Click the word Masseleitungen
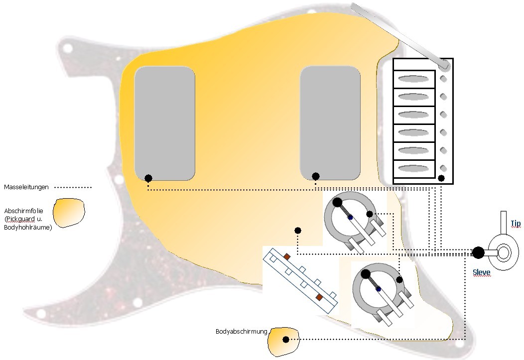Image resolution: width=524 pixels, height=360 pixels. click(26, 187)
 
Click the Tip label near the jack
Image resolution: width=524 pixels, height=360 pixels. click(516, 223)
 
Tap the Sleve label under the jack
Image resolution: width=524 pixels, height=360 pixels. click(481, 272)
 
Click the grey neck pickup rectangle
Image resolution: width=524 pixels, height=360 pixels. click(164, 123)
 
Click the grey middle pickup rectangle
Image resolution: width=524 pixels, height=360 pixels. click(330, 123)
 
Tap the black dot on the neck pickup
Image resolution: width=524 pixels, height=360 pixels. click(148, 178)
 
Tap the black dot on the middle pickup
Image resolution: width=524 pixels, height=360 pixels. click(316, 176)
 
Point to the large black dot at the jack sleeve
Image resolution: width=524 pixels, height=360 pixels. click(478, 252)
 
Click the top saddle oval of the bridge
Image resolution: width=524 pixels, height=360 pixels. click(413, 79)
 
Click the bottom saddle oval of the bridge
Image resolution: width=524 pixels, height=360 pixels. click(413, 168)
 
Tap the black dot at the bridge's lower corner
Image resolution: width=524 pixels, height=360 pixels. click(441, 178)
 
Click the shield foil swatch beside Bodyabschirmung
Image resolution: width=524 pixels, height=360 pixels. click(284, 341)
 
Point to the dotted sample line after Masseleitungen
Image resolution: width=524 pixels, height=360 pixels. click(73, 188)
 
